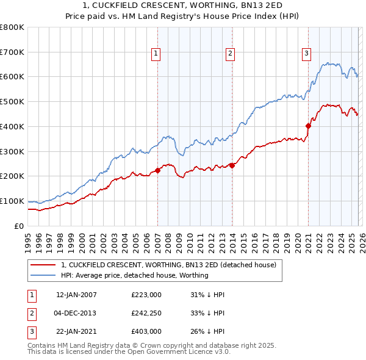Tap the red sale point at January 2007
pos(157,170)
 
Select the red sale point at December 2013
pos(232,165)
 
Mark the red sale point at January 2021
pos(308,126)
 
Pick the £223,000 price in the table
pos(146,295)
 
